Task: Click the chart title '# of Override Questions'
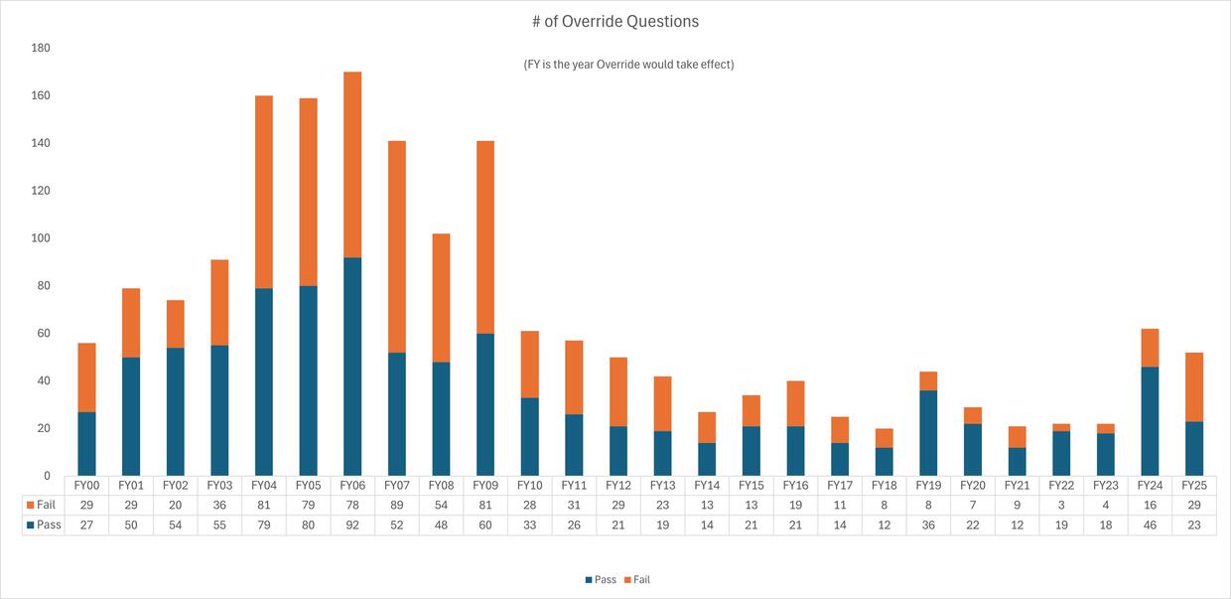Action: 615,21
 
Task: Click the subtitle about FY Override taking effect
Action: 628,65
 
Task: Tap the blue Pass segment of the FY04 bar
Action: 264,381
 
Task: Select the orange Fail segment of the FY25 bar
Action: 1193,386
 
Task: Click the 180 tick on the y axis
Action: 41,48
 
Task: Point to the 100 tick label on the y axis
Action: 41,238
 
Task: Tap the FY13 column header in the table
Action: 662,486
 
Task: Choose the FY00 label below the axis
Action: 86,486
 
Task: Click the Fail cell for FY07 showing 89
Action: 397,506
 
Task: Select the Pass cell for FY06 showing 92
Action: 352,524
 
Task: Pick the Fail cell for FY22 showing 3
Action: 1061,506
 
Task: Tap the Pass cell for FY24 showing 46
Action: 1150,524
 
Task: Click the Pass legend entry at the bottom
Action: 600,579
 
